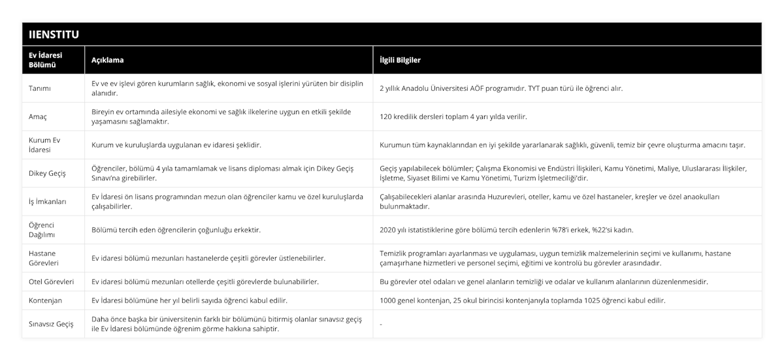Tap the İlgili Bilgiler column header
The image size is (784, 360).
[x=400, y=59]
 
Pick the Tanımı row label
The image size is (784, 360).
[x=41, y=88]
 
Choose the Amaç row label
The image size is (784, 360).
[x=39, y=116]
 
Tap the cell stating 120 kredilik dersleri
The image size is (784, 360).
[x=453, y=116]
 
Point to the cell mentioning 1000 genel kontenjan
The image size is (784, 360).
[x=523, y=300]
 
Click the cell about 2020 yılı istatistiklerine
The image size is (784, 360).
[x=506, y=229]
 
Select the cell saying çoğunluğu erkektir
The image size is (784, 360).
[x=176, y=229]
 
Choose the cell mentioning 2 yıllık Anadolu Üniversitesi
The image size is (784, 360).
[x=501, y=88]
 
